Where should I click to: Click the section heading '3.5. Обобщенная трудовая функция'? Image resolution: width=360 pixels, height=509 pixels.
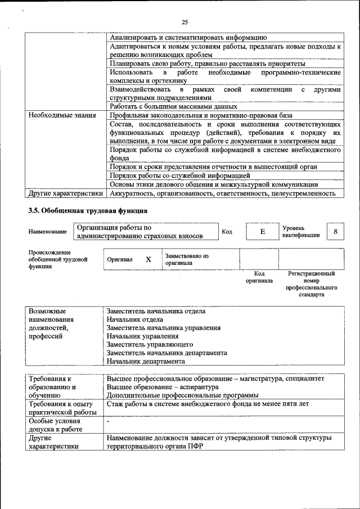88,211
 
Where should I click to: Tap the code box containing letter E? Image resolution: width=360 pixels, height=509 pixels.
262,232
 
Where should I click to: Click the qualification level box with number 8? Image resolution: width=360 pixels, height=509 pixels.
336,232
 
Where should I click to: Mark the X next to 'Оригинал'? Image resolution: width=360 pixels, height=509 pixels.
148,260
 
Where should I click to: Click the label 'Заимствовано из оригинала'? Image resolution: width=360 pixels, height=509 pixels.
187,259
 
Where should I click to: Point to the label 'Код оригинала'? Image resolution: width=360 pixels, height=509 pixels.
259,277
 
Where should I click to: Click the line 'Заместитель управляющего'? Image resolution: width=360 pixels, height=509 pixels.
150,344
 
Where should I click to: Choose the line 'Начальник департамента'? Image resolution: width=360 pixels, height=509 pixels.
146,361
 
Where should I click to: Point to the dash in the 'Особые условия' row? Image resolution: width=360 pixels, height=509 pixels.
108,421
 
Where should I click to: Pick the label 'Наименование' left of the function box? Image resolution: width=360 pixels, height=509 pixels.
47,232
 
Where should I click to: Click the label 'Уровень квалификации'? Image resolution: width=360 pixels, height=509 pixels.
301,232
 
